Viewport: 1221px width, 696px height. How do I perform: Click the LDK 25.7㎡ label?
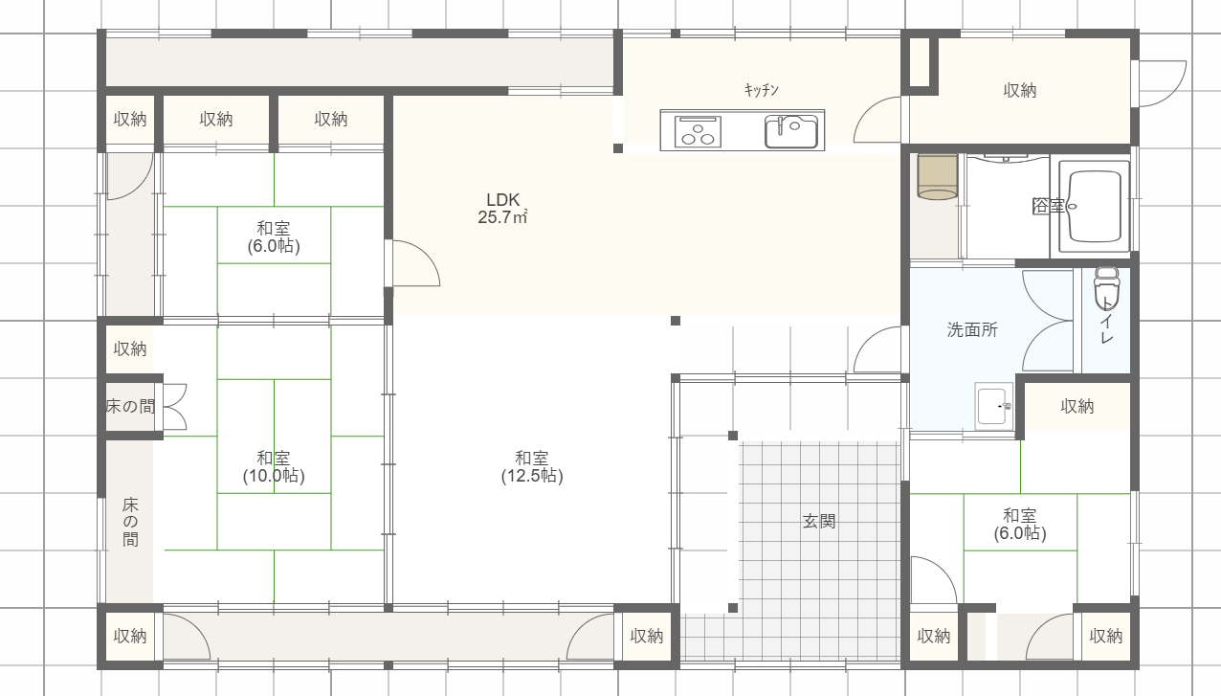point(502,209)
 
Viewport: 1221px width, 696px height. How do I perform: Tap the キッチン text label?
point(762,89)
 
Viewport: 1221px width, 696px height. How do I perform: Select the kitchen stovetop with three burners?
point(698,131)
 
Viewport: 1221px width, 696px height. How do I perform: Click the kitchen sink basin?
point(791,132)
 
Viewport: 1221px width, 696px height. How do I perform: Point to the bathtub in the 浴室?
point(1095,206)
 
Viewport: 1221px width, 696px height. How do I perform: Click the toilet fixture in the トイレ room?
point(1106,288)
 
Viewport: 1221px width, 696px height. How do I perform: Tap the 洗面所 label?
point(972,330)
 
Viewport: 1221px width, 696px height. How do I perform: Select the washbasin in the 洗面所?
point(994,406)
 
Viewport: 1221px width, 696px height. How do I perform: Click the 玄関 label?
point(819,522)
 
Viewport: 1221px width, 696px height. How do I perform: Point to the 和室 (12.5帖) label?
point(532,467)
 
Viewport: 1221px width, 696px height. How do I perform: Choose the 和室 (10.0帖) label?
point(274,467)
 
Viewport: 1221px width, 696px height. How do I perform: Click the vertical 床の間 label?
point(130,522)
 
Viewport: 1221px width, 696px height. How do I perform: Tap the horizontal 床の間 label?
point(130,406)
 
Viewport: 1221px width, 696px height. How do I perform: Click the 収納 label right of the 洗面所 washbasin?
point(1077,406)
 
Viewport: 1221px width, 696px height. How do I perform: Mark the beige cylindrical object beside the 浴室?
point(938,177)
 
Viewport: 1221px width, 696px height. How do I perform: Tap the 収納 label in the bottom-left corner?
point(130,636)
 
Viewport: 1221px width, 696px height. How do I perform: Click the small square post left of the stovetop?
point(617,148)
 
